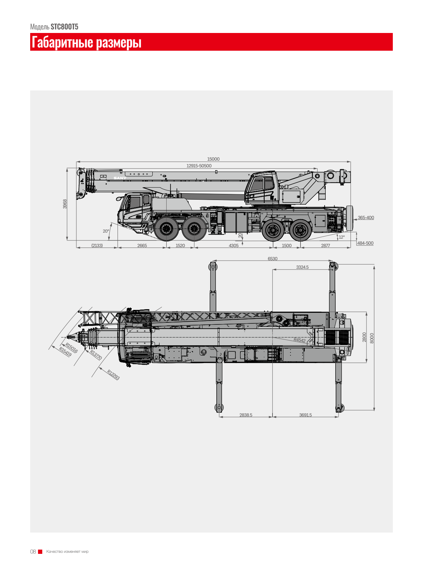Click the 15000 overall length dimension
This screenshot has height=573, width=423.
pos(213,159)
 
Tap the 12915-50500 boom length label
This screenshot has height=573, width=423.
pos(199,166)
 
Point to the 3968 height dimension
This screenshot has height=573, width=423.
pos(65,204)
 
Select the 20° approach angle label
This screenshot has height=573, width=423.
pos(106,231)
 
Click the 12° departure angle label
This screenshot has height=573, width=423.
pos(342,237)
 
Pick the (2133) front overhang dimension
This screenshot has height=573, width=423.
pos(97,246)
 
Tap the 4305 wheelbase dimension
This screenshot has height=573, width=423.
pos(233,246)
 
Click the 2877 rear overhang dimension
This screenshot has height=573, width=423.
pos(325,246)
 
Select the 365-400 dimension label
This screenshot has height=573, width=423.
pos(365,217)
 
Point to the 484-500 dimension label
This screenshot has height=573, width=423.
pos(365,243)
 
